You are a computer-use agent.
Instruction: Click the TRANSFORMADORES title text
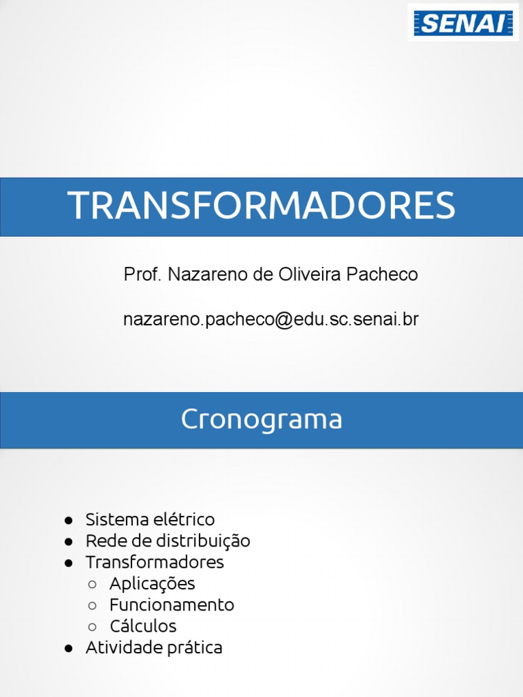[x=261, y=206]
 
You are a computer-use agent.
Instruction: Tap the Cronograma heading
[x=261, y=419]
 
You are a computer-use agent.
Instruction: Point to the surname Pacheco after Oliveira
[x=382, y=275]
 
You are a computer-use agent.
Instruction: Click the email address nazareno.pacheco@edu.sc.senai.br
[x=271, y=319]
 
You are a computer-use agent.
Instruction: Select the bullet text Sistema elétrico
[x=150, y=520]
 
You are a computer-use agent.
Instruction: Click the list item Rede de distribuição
[x=168, y=542]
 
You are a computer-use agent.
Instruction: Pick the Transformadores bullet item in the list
[x=155, y=563]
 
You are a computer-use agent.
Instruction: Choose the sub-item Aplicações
[x=152, y=584]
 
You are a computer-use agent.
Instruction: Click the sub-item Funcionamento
[x=172, y=605]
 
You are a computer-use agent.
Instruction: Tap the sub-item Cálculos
[x=143, y=626]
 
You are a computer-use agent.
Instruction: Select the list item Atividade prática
[x=154, y=648]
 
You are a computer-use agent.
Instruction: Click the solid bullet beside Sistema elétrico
[x=69, y=521]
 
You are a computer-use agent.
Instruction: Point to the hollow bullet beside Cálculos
[x=93, y=627]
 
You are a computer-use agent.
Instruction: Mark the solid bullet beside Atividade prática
[x=69, y=649]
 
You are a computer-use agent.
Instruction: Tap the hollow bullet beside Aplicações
[x=93, y=585]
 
